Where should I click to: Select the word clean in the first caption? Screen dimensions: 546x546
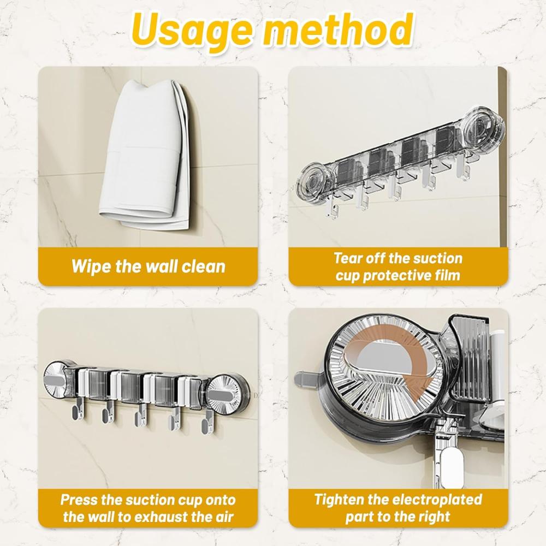pos(204,267)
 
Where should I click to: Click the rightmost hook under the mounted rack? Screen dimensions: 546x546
pos(208,423)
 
